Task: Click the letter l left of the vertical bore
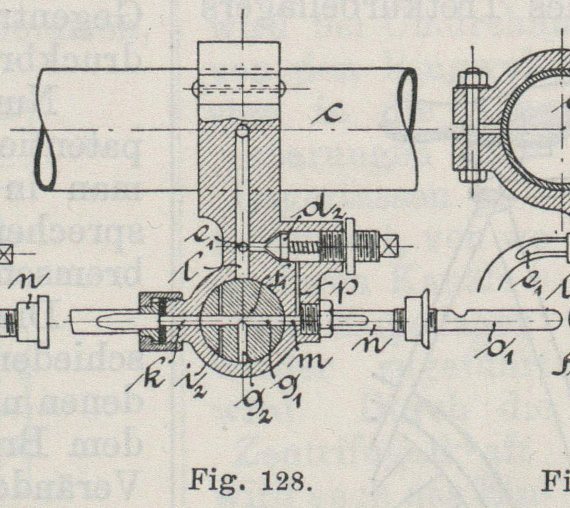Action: click(x=188, y=273)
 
